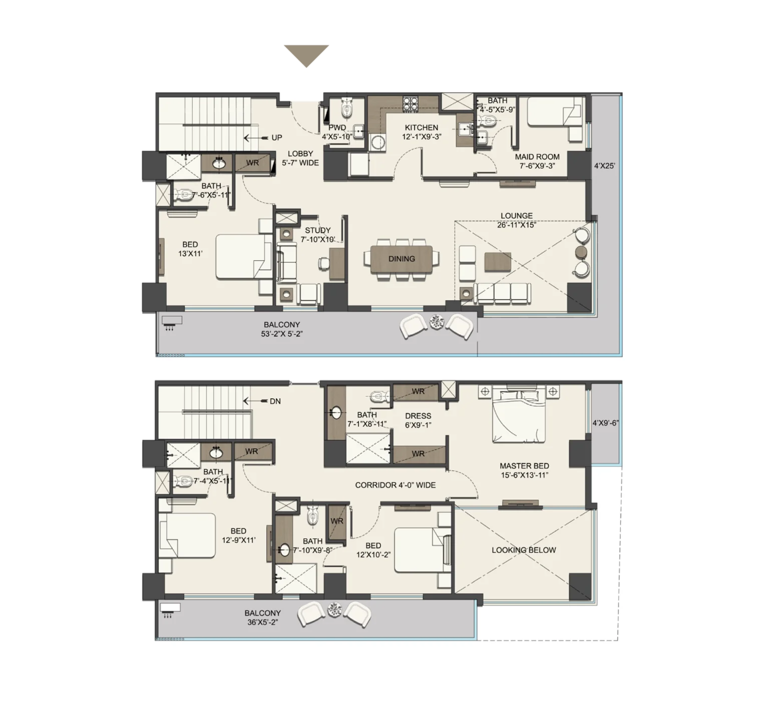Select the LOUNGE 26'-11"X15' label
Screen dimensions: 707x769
tap(517, 220)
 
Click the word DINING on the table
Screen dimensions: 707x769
tap(402, 259)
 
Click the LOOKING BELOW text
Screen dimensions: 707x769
tap(524, 550)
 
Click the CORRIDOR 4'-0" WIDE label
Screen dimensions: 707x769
tap(395, 485)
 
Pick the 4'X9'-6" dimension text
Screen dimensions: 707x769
tap(606, 423)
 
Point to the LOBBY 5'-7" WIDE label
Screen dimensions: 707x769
tap(300, 158)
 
